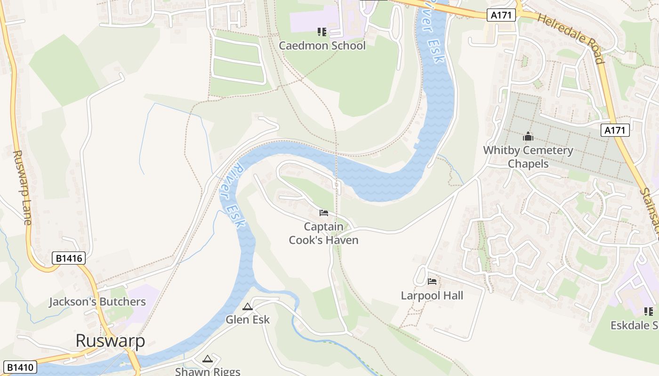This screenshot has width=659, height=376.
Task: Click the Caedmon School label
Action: (x=322, y=46)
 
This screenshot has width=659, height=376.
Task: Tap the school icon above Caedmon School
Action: (x=322, y=32)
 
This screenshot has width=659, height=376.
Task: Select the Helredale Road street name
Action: (x=570, y=38)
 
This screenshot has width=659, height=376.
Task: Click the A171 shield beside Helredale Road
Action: (x=501, y=16)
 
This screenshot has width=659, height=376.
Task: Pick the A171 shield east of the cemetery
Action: (x=615, y=130)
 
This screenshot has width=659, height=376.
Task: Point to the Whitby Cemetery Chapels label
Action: (x=528, y=157)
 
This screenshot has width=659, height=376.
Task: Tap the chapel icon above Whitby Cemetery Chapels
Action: (x=528, y=137)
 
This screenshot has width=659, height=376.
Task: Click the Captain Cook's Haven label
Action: (x=323, y=233)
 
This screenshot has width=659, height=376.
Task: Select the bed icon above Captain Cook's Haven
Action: (x=324, y=213)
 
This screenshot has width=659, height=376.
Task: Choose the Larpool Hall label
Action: (x=432, y=296)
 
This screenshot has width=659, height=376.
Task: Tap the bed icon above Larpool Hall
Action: (x=432, y=282)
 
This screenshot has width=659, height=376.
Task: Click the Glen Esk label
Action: (x=248, y=320)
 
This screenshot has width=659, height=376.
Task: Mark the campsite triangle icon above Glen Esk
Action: (x=248, y=307)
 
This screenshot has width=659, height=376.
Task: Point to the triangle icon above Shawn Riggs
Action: (x=208, y=359)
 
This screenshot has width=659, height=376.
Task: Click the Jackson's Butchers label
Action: (x=97, y=302)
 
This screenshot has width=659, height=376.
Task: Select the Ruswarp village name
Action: (x=110, y=341)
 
